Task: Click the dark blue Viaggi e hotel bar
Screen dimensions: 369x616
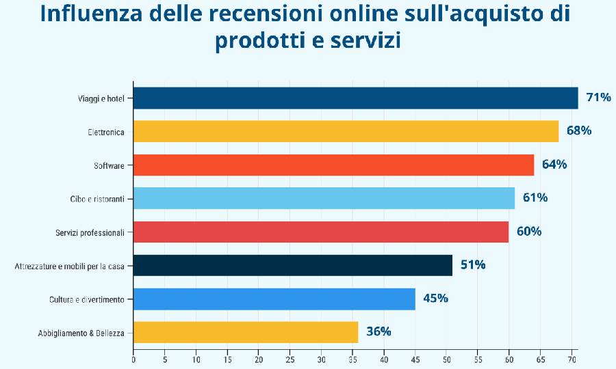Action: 355,98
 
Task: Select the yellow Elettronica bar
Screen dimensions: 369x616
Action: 346,131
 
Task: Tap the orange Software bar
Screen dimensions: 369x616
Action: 333,165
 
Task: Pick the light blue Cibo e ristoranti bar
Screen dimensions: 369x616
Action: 324,198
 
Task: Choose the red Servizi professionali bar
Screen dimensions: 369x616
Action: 320,232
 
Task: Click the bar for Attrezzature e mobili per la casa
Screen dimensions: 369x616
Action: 292,265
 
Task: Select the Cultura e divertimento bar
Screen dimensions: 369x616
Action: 274,299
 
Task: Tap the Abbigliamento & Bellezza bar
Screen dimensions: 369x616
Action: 245,332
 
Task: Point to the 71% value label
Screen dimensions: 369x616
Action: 598,97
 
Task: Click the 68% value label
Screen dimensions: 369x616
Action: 578,131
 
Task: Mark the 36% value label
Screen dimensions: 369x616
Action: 378,331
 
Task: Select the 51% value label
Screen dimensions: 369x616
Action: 472,264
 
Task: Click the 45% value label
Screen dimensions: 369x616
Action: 435,298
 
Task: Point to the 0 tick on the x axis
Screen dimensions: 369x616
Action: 133,359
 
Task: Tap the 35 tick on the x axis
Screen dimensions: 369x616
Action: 352,359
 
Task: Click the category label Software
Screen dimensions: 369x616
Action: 109,165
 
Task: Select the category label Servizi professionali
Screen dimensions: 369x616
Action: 90,232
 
